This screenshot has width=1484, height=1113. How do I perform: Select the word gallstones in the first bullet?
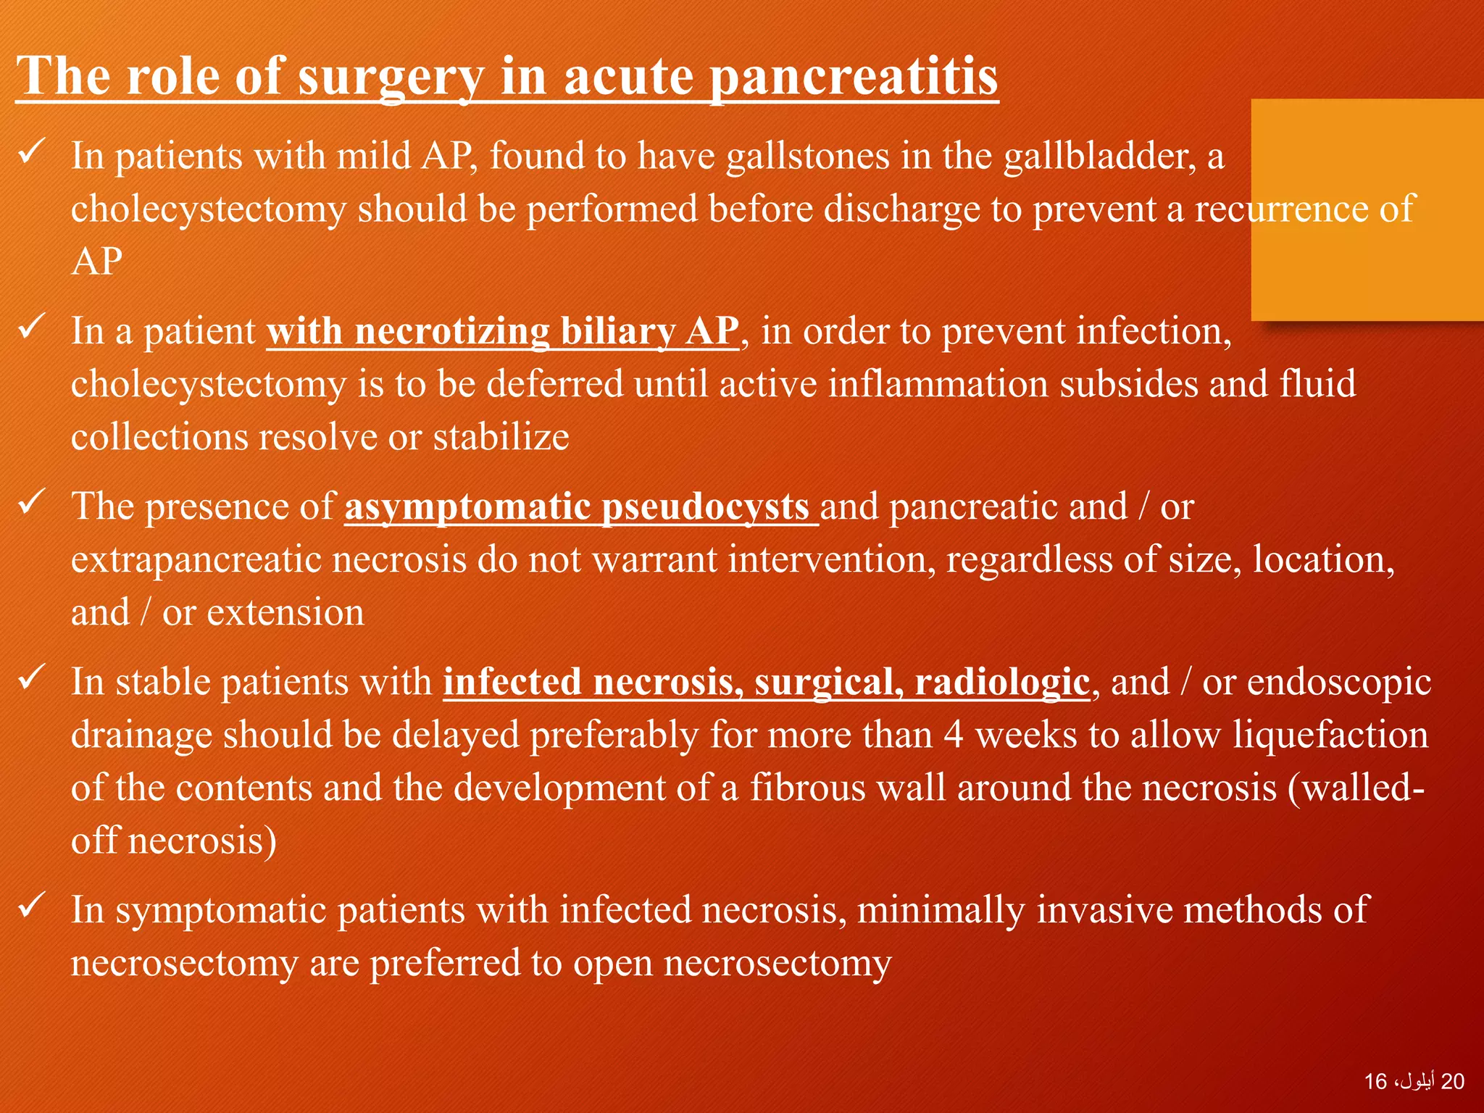tap(807, 157)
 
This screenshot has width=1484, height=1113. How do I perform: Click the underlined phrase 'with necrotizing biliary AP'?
tap(502, 332)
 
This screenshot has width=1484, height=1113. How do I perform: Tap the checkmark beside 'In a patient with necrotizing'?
tap(32, 327)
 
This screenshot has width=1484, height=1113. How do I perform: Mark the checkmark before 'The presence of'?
tap(32, 502)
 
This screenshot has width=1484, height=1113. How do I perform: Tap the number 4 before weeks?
tap(953, 735)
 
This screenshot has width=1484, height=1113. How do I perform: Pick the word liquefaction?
tap(1330, 735)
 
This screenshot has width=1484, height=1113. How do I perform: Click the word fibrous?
tap(807, 788)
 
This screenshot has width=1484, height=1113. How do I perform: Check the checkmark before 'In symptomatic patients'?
tap(32, 906)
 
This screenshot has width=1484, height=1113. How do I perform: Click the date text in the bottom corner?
tap(1414, 1082)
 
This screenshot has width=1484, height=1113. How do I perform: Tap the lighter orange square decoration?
tap(1367, 210)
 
